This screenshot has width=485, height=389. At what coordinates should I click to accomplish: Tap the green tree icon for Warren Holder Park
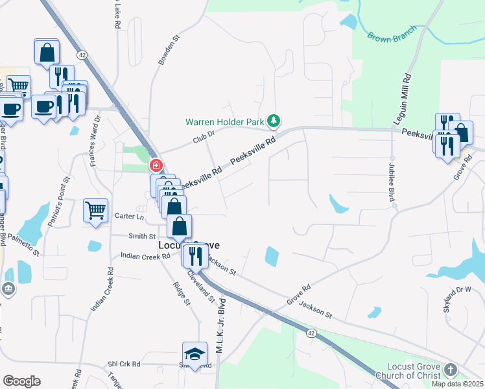pyautogui.click(x=274, y=121)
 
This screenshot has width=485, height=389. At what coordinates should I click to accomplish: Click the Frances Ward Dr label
pyautogui.click(x=95, y=141)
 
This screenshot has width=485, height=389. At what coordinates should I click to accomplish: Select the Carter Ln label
pyautogui.click(x=129, y=216)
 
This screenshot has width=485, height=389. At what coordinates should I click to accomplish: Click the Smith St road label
pyautogui.click(x=142, y=237)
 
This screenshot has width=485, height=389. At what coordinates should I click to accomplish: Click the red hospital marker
pyautogui.click(x=156, y=166)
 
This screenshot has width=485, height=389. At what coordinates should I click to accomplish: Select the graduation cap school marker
pyautogui.click(x=194, y=354)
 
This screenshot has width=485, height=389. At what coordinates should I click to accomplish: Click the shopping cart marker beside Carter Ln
pyautogui.click(x=95, y=209)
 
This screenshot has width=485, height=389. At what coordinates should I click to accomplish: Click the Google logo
pyautogui.click(x=21, y=381)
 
